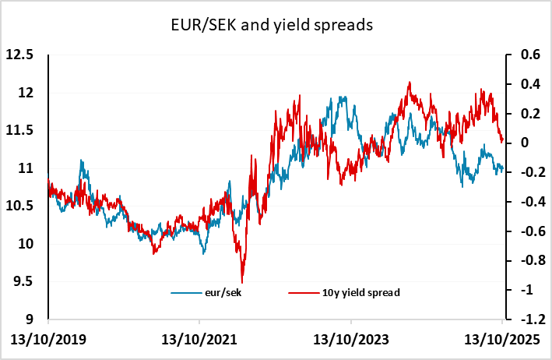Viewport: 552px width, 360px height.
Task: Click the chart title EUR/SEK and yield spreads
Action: (x=276, y=25)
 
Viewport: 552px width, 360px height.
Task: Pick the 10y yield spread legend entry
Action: (x=342, y=292)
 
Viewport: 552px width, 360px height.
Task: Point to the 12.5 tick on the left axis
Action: (x=21, y=55)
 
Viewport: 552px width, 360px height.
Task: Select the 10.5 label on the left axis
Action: (x=21, y=206)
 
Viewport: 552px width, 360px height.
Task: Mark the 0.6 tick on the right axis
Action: (x=521, y=55)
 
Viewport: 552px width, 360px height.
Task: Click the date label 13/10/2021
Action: (x=199, y=341)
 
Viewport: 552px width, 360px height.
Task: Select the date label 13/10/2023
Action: (x=350, y=341)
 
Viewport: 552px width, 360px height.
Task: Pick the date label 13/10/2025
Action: (x=501, y=341)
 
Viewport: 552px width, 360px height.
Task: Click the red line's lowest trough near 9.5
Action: (x=242, y=281)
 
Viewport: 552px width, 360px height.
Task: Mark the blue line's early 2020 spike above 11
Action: (x=81, y=161)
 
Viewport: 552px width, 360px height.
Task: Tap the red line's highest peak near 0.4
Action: (x=409, y=82)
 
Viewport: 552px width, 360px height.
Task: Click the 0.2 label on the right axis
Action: (x=521, y=114)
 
